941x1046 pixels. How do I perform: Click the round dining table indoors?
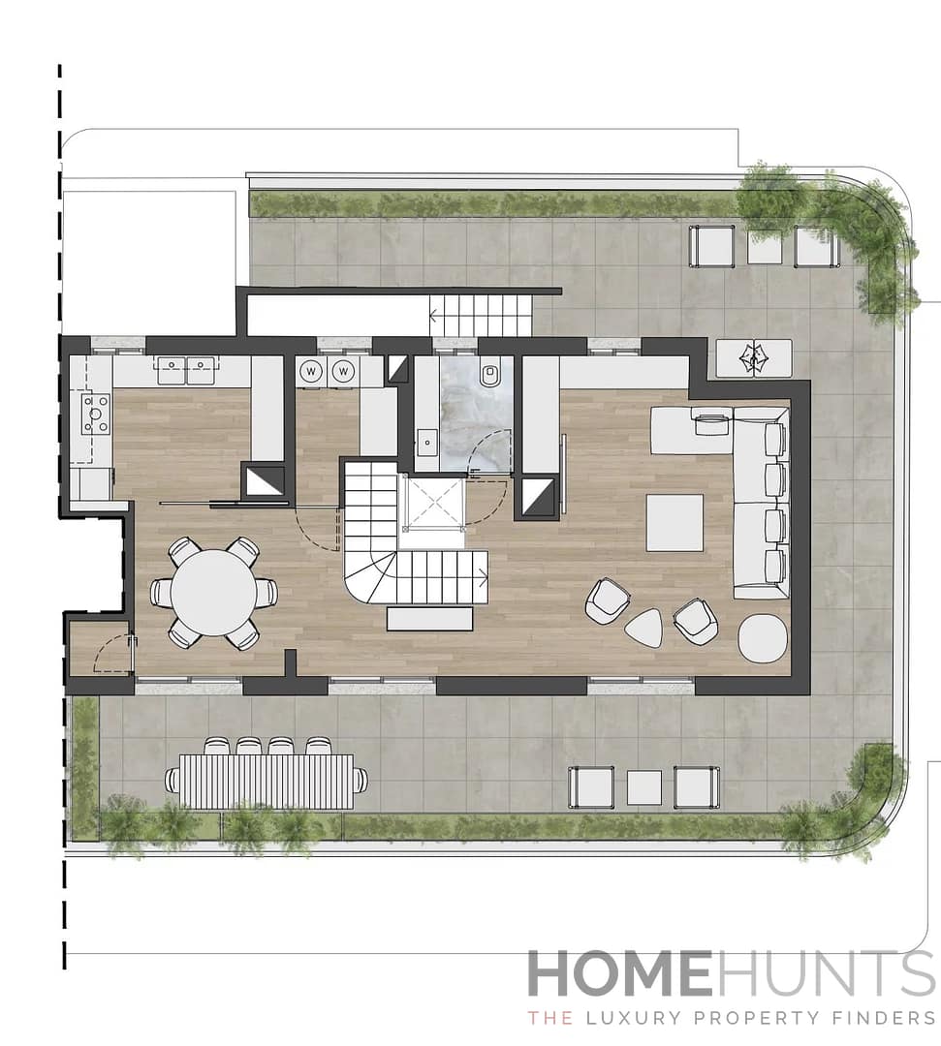[213, 593]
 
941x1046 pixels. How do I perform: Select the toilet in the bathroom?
[490, 373]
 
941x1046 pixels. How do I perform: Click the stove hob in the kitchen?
[95, 414]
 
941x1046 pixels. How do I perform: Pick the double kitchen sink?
[186, 366]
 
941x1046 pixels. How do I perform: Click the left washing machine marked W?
[311, 370]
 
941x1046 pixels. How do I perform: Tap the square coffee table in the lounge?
[674, 522]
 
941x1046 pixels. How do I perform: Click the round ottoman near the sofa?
[764, 638]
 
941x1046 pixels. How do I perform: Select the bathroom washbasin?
[426, 445]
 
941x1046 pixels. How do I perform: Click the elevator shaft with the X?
[433, 505]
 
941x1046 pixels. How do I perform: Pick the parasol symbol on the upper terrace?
[753, 358]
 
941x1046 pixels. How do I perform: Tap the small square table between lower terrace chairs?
[643, 786]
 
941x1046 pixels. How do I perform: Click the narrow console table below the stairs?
[429, 619]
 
